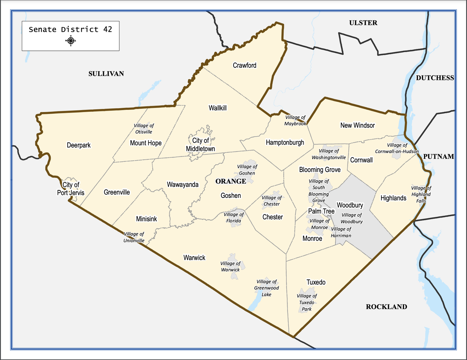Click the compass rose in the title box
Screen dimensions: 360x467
71,41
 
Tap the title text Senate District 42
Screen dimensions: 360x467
70,30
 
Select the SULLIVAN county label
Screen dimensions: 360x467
106,74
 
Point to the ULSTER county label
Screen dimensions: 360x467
363,23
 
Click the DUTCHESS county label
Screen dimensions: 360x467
435,78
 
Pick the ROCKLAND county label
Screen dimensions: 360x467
386,307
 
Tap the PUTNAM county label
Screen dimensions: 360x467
438,157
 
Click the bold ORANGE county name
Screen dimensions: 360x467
231,181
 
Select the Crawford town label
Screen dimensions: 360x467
244,65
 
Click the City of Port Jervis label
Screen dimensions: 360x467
71,189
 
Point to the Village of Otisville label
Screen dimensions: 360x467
144,129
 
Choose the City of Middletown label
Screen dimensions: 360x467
200,145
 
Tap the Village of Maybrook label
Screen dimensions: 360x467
295,120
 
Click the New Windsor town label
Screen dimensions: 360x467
357,125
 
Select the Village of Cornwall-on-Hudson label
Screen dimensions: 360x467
397,148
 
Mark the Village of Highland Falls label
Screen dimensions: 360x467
421,194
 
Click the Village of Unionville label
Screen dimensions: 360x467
134,237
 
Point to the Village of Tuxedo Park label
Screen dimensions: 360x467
307,302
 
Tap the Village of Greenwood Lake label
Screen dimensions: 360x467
267,288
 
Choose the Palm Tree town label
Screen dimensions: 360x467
321,211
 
